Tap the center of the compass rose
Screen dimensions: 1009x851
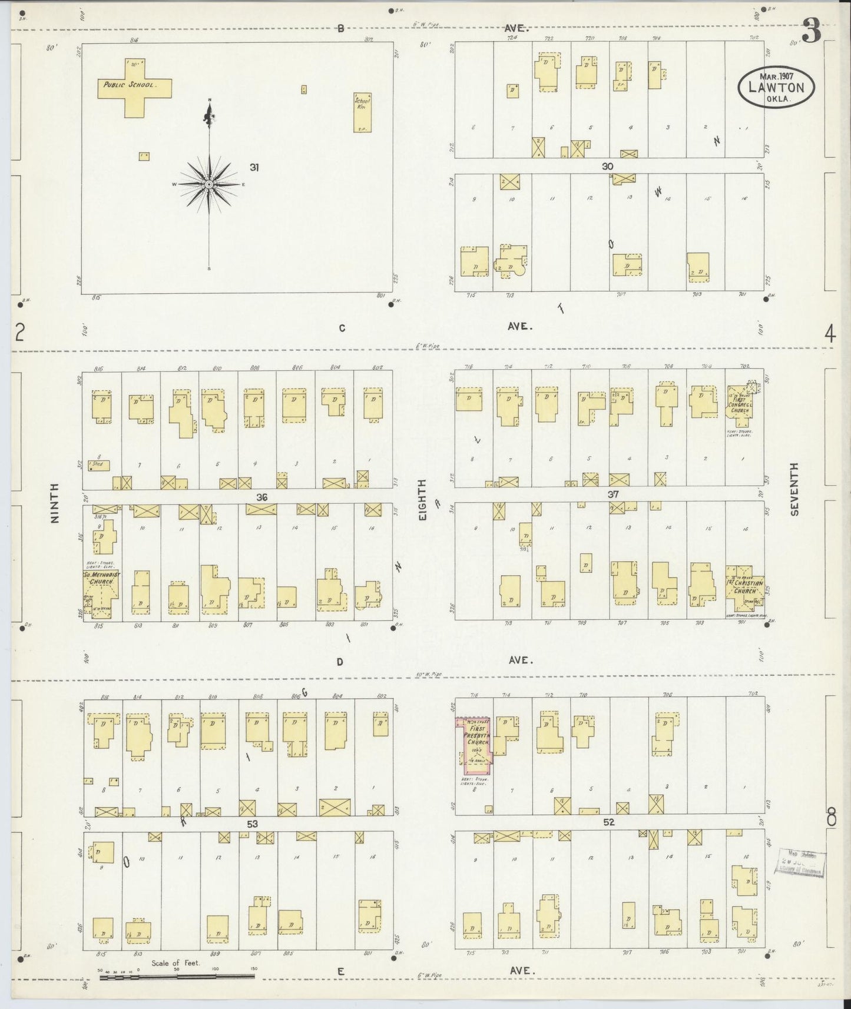pos(209,185)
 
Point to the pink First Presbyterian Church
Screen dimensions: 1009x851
pos(476,745)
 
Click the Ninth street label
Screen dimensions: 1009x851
pos(55,503)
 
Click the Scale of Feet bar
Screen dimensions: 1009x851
pos(177,976)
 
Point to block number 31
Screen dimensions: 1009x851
pos(254,168)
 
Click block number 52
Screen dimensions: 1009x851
pos(609,822)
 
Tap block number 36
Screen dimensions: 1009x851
pos(262,497)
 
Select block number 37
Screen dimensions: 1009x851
pos(613,494)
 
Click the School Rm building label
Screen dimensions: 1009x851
pos(362,104)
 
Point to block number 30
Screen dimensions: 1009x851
pos(608,167)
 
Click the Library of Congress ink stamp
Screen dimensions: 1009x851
pos(801,863)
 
